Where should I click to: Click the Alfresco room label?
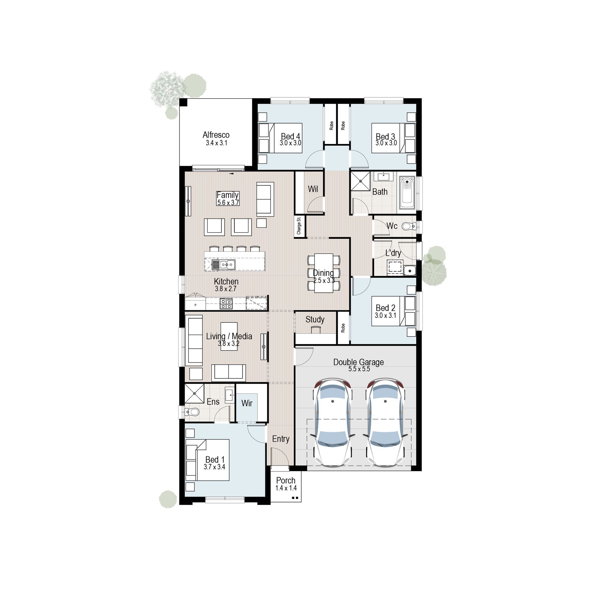[x=216, y=135]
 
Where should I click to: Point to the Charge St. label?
[x=299, y=225]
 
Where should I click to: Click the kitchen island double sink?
[x=223, y=265]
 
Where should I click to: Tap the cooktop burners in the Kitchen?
[x=226, y=303]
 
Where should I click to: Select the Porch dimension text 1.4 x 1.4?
[x=286, y=488]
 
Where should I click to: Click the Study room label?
[x=315, y=320]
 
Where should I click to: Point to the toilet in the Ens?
[x=192, y=411]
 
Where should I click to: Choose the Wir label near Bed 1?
[x=247, y=403]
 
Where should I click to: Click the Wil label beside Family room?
[x=313, y=189]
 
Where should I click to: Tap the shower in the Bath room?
[x=360, y=181]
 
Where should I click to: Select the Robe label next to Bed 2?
[x=343, y=328]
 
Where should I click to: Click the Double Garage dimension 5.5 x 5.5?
[x=359, y=369]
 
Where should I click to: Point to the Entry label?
[x=280, y=439]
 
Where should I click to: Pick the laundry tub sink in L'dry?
[x=409, y=270]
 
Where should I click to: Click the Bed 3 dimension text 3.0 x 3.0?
[x=386, y=143]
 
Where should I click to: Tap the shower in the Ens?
[x=194, y=393]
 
